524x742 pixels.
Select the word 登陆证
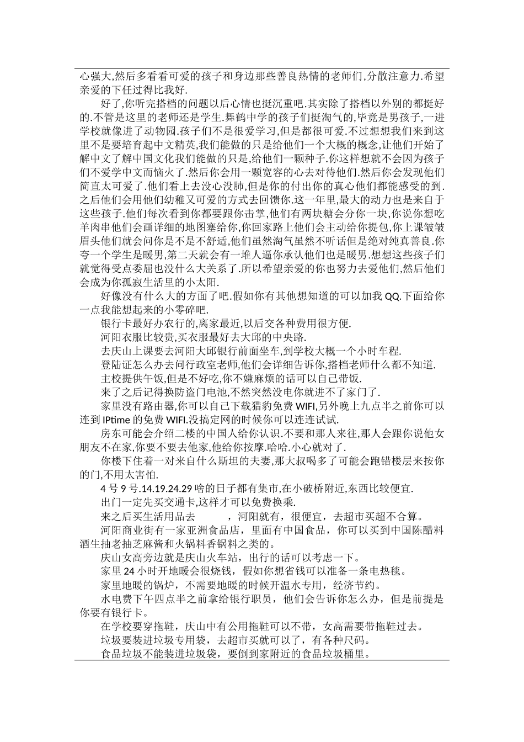pyautogui.click(x=119, y=365)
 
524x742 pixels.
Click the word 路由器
pyautogui.click(x=163, y=406)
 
